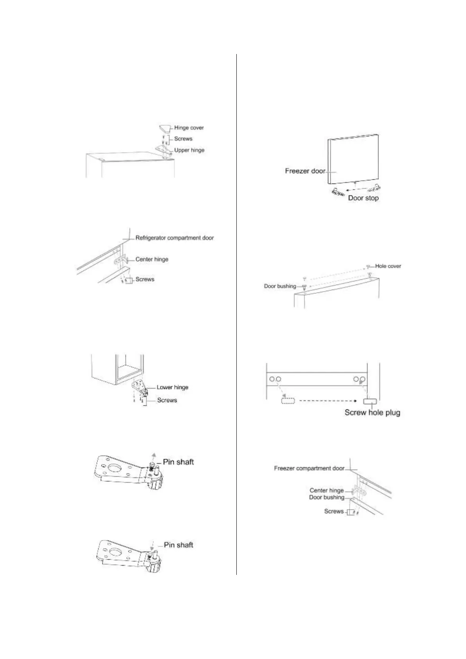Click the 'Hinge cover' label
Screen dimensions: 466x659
point(189,128)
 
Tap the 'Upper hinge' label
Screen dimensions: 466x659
point(189,150)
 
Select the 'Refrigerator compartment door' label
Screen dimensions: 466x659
point(175,238)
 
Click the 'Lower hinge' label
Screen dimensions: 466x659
point(173,387)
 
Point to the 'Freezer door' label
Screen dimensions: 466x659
point(305,171)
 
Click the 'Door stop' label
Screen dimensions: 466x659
point(363,198)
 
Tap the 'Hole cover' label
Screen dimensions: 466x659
point(388,266)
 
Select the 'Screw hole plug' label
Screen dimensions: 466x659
point(372,412)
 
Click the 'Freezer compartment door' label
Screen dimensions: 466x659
point(309,468)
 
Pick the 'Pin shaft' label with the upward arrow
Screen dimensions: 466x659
point(178,462)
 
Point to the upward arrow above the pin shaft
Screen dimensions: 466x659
point(154,456)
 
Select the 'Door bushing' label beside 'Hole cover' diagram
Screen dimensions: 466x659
point(280,286)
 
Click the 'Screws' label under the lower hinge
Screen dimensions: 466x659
point(167,400)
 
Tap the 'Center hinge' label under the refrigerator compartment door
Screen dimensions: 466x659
point(152,259)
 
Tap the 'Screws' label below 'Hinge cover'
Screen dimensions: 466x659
point(183,139)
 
